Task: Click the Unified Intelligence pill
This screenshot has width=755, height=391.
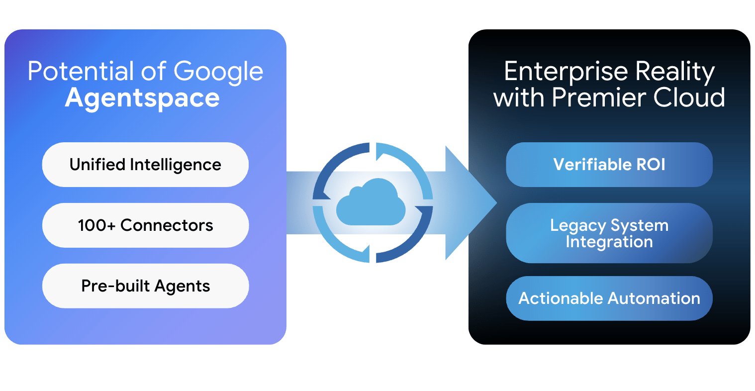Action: (145, 165)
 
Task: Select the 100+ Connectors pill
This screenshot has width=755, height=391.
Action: (145, 225)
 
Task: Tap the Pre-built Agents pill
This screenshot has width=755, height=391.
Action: (145, 286)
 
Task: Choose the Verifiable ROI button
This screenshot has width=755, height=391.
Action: (609, 165)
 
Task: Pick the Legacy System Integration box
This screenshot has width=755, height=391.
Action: (609, 233)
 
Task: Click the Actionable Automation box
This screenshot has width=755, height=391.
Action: (609, 298)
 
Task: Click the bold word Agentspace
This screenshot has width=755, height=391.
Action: (142, 98)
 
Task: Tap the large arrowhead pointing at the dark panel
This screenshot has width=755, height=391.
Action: (470, 203)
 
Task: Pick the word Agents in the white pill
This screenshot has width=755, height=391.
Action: (182, 287)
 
